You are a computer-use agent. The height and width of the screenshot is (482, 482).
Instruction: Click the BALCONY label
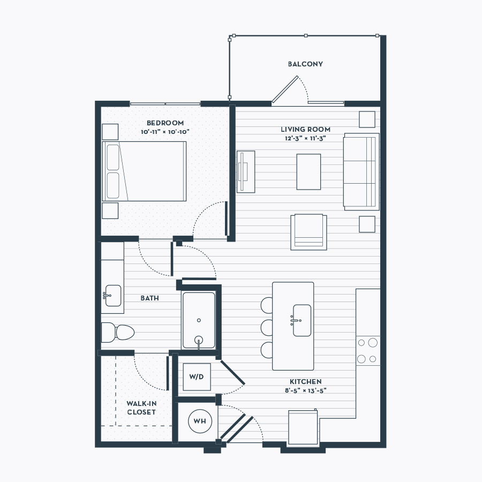(305, 64)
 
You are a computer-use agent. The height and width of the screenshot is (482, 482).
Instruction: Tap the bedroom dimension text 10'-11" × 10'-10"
(165, 132)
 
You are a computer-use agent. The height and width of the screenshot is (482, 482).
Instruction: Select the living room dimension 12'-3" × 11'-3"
(305, 138)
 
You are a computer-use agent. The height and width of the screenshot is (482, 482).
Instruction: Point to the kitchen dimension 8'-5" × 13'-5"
(306, 390)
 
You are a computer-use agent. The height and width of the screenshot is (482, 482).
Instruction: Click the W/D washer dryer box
(197, 377)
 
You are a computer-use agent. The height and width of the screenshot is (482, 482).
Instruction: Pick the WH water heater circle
(200, 421)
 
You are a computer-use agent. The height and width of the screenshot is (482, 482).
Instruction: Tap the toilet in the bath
(118, 332)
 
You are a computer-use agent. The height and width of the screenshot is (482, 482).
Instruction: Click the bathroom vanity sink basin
(113, 296)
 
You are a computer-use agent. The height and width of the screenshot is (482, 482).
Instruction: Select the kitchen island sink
(302, 320)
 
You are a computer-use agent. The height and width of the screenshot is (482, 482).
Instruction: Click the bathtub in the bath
(199, 320)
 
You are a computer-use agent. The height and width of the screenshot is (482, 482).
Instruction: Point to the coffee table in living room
(308, 172)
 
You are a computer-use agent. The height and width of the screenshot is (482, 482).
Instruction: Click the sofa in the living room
(361, 171)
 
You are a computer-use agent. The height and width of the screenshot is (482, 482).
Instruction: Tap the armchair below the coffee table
(308, 232)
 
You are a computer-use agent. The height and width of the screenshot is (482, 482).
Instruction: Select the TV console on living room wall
(246, 172)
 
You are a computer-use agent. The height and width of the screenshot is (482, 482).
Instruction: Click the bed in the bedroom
(144, 171)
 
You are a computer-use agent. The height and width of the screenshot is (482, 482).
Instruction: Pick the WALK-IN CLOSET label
(141, 408)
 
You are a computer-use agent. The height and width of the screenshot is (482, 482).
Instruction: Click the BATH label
(150, 298)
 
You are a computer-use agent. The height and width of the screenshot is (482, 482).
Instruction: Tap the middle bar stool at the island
(267, 327)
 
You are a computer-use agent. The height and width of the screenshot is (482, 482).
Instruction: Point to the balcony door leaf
(285, 89)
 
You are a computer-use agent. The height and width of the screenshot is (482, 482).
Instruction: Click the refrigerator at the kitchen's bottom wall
(303, 427)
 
